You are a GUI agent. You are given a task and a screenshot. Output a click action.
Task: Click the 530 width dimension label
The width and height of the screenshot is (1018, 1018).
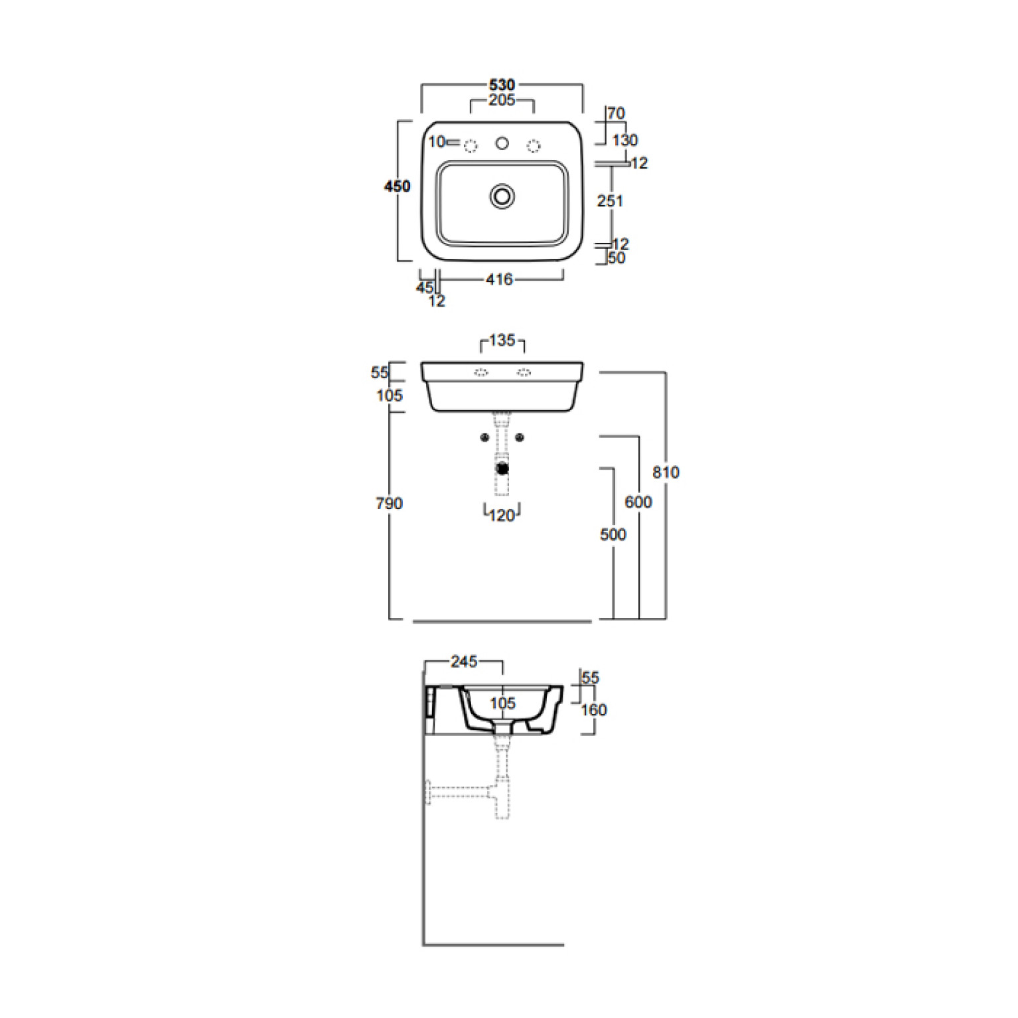click(502, 85)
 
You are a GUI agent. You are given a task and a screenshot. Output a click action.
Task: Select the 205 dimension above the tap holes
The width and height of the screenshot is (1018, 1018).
click(502, 100)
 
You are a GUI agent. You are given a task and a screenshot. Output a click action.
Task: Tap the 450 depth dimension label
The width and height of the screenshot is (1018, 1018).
click(398, 186)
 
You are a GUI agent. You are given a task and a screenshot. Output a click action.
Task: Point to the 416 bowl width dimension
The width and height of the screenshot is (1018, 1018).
click(499, 280)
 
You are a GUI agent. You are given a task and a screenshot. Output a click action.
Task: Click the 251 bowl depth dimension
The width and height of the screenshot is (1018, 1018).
click(610, 201)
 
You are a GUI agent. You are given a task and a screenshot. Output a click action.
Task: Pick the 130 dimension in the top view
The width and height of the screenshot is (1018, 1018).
click(625, 141)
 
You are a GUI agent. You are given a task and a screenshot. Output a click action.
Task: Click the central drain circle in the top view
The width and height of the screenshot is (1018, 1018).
click(502, 196)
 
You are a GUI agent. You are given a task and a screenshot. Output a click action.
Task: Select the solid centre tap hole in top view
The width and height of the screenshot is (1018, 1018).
click(502, 143)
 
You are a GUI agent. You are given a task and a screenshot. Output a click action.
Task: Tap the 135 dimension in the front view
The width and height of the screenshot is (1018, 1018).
click(502, 340)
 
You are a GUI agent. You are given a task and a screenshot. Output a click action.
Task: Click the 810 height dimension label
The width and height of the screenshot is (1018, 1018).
click(666, 473)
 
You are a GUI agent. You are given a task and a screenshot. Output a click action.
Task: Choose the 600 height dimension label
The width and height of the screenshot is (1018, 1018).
click(638, 502)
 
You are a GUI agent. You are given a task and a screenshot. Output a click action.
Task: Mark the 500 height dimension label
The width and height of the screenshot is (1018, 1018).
click(613, 535)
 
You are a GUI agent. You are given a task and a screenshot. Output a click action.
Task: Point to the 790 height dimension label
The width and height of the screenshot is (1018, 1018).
click(389, 504)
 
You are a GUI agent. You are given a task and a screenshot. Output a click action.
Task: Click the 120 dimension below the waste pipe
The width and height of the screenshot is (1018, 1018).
click(502, 516)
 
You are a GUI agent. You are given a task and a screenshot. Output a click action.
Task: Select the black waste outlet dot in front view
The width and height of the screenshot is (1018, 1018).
click(502, 469)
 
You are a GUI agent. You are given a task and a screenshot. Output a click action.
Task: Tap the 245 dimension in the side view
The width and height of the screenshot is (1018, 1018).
click(464, 662)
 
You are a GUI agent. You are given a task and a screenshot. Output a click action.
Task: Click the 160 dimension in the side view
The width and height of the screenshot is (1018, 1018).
click(594, 710)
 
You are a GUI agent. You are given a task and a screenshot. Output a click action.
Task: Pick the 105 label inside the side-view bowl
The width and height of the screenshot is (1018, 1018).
click(502, 703)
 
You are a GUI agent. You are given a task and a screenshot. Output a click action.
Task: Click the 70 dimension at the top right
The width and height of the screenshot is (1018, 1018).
click(617, 113)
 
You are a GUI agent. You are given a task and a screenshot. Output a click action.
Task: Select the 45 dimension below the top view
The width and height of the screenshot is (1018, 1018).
click(425, 288)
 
